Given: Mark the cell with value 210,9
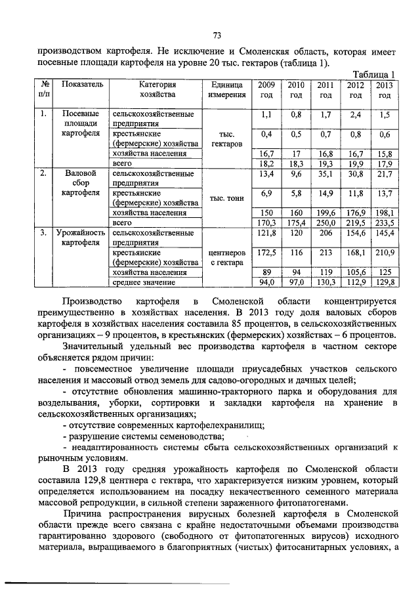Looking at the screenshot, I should click(x=385, y=253).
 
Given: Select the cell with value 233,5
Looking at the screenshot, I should click(x=385, y=223).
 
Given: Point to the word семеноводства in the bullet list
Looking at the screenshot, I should click(x=190, y=437).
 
